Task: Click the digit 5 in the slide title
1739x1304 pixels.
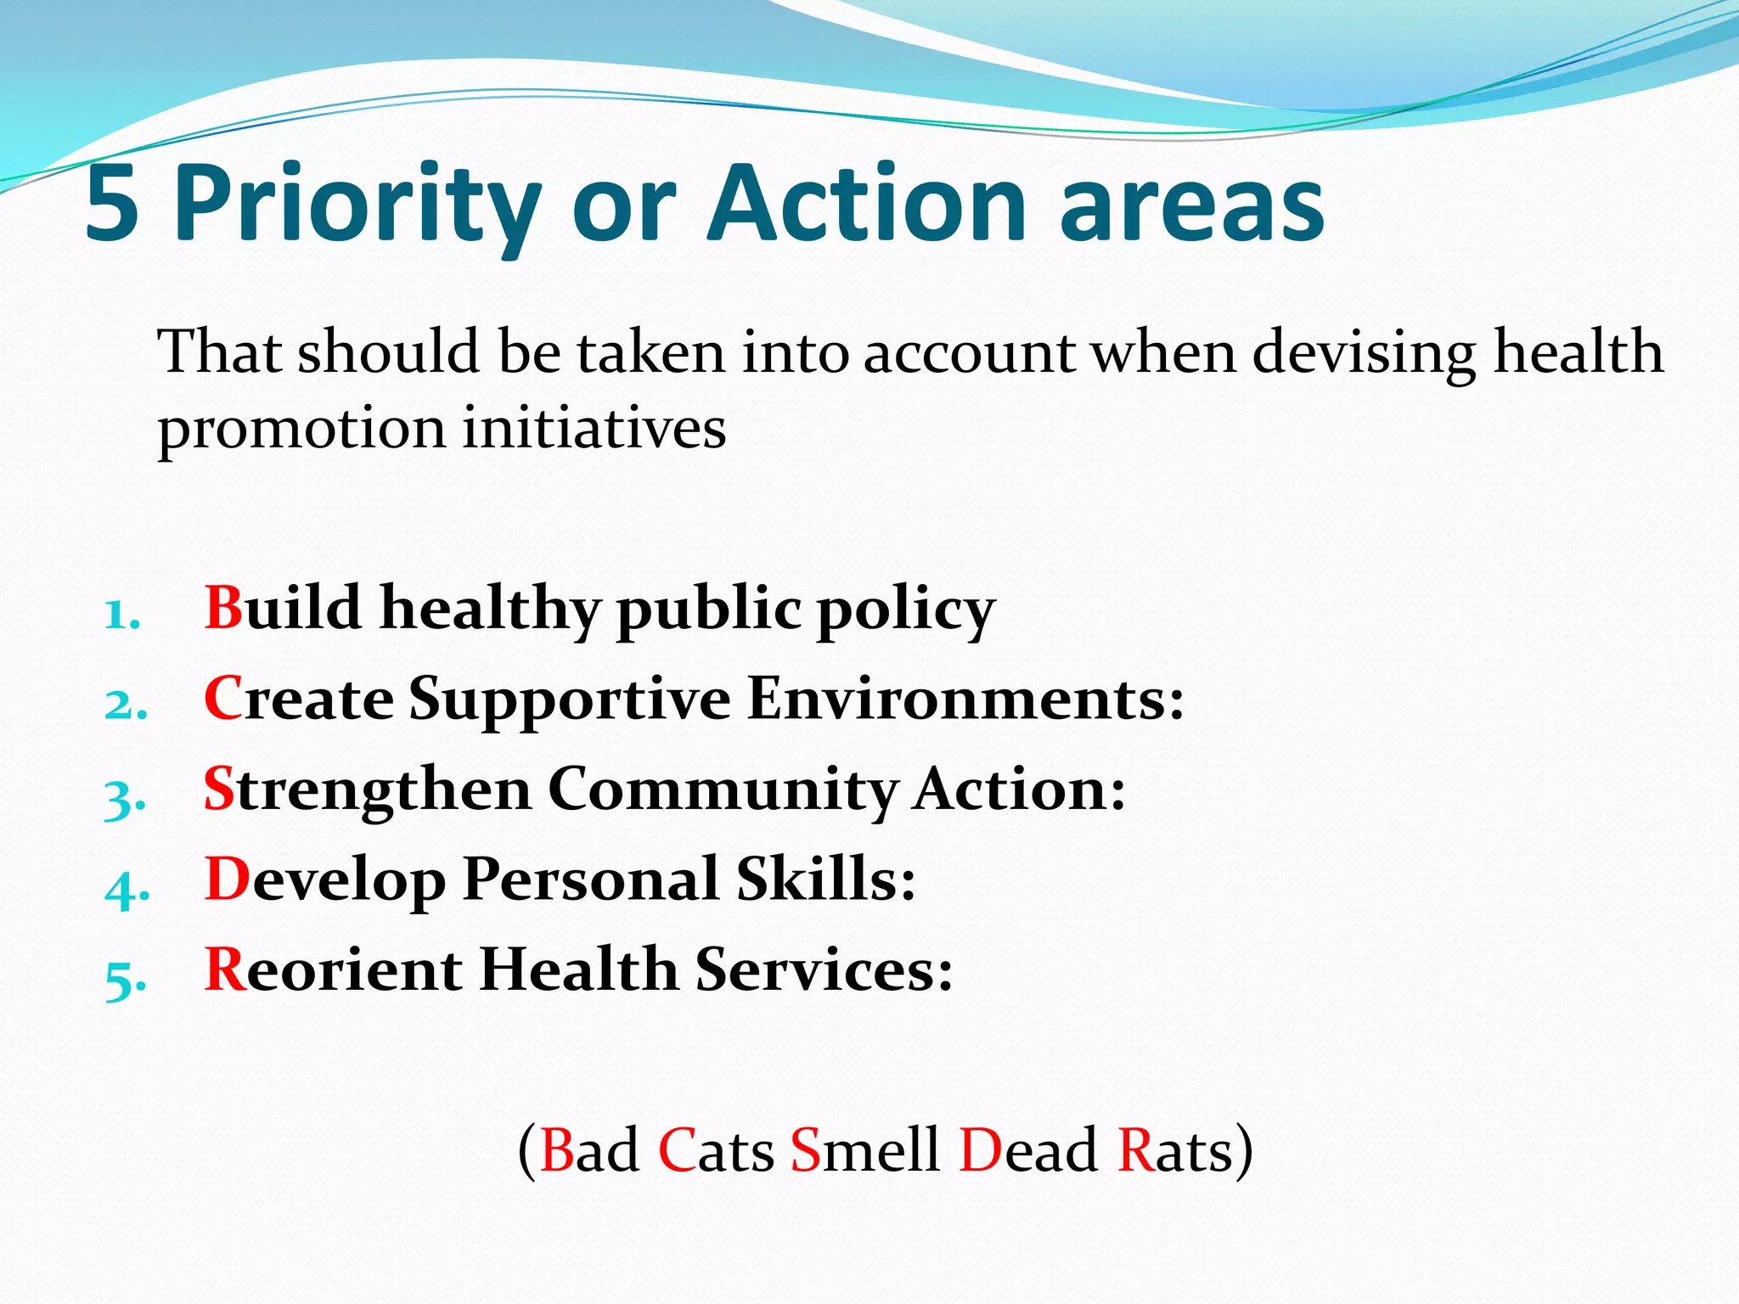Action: pos(113,205)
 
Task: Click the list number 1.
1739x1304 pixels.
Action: pos(121,615)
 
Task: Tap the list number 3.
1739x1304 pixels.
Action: pos(124,797)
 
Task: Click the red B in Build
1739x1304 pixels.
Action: pos(224,608)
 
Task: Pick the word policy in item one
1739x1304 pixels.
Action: pos(905,611)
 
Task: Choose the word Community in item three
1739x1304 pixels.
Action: pos(723,791)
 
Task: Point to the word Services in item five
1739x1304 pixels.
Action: pos(823,970)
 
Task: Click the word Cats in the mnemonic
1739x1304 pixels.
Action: pos(716,1150)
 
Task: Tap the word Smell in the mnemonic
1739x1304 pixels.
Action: pos(864,1150)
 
